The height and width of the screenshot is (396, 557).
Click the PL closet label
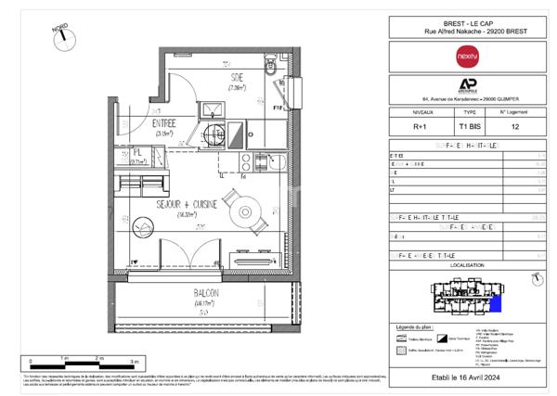tap(136, 153)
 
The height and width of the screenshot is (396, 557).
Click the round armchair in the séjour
tap(144, 225)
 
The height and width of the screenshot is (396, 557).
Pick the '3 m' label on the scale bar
tap(135, 359)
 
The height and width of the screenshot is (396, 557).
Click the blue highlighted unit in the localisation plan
tap(497, 301)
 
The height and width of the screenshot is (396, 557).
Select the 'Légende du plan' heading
tap(414, 328)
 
